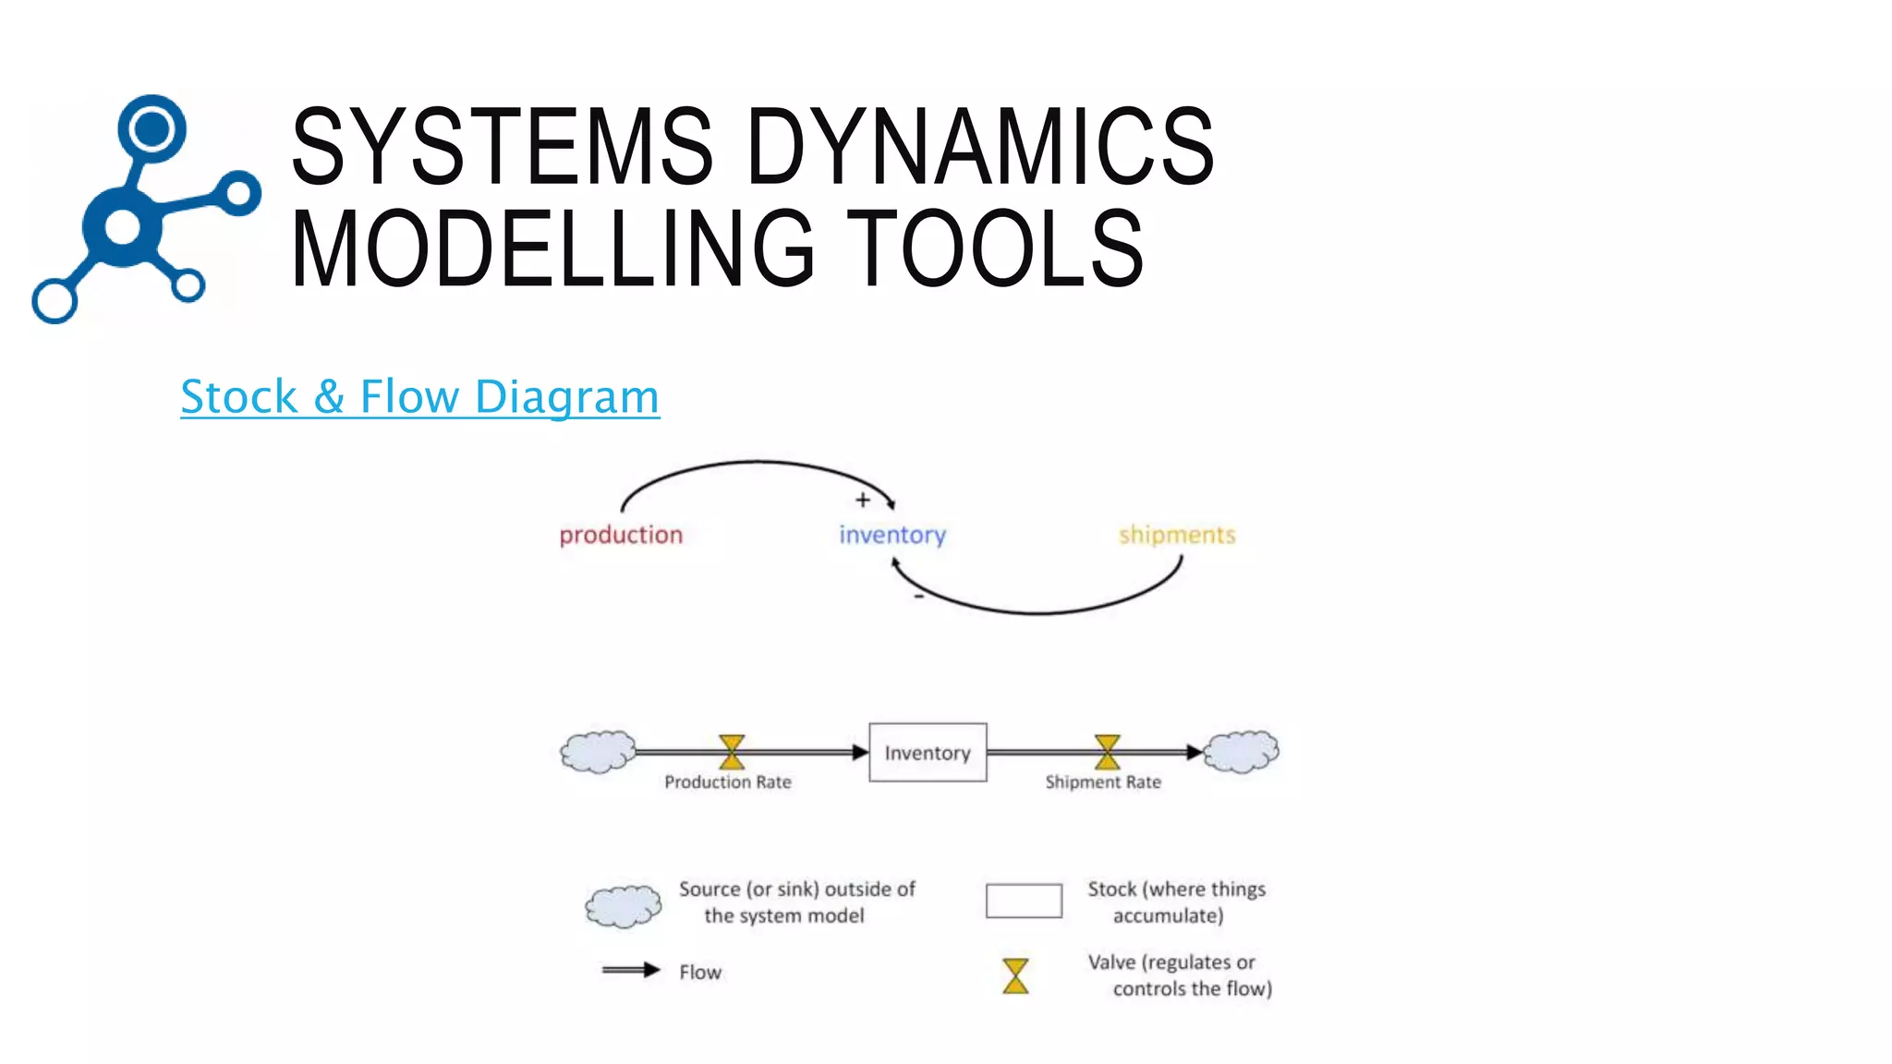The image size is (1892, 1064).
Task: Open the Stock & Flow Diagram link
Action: click(x=419, y=396)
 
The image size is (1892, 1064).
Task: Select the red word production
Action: click(x=621, y=535)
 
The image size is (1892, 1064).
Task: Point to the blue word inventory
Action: click(x=892, y=535)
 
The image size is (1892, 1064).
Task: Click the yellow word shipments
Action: click(x=1176, y=535)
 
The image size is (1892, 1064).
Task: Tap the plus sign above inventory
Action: click(x=863, y=500)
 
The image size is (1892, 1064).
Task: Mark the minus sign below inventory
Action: click(x=918, y=598)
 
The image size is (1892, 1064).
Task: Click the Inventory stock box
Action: click(x=928, y=753)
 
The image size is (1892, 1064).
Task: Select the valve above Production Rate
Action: click(x=732, y=752)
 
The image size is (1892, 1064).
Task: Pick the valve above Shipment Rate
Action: click(x=1107, y=752)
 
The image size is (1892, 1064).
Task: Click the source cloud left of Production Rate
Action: click(x=599, y=752)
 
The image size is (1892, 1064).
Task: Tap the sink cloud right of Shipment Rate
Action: click(x=1242, y=751)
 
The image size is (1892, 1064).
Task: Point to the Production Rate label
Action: click(x=728, y=782)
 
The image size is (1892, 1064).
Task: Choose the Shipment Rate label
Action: click(x=1103, y=782)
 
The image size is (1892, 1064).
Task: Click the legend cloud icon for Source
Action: click(x=624, y=906)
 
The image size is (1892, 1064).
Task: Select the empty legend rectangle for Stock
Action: click(x=1024, y=901)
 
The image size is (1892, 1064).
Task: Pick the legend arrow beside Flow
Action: click(x=631, y=970)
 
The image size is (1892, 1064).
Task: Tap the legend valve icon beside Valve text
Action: click(x=1015, y=975)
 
